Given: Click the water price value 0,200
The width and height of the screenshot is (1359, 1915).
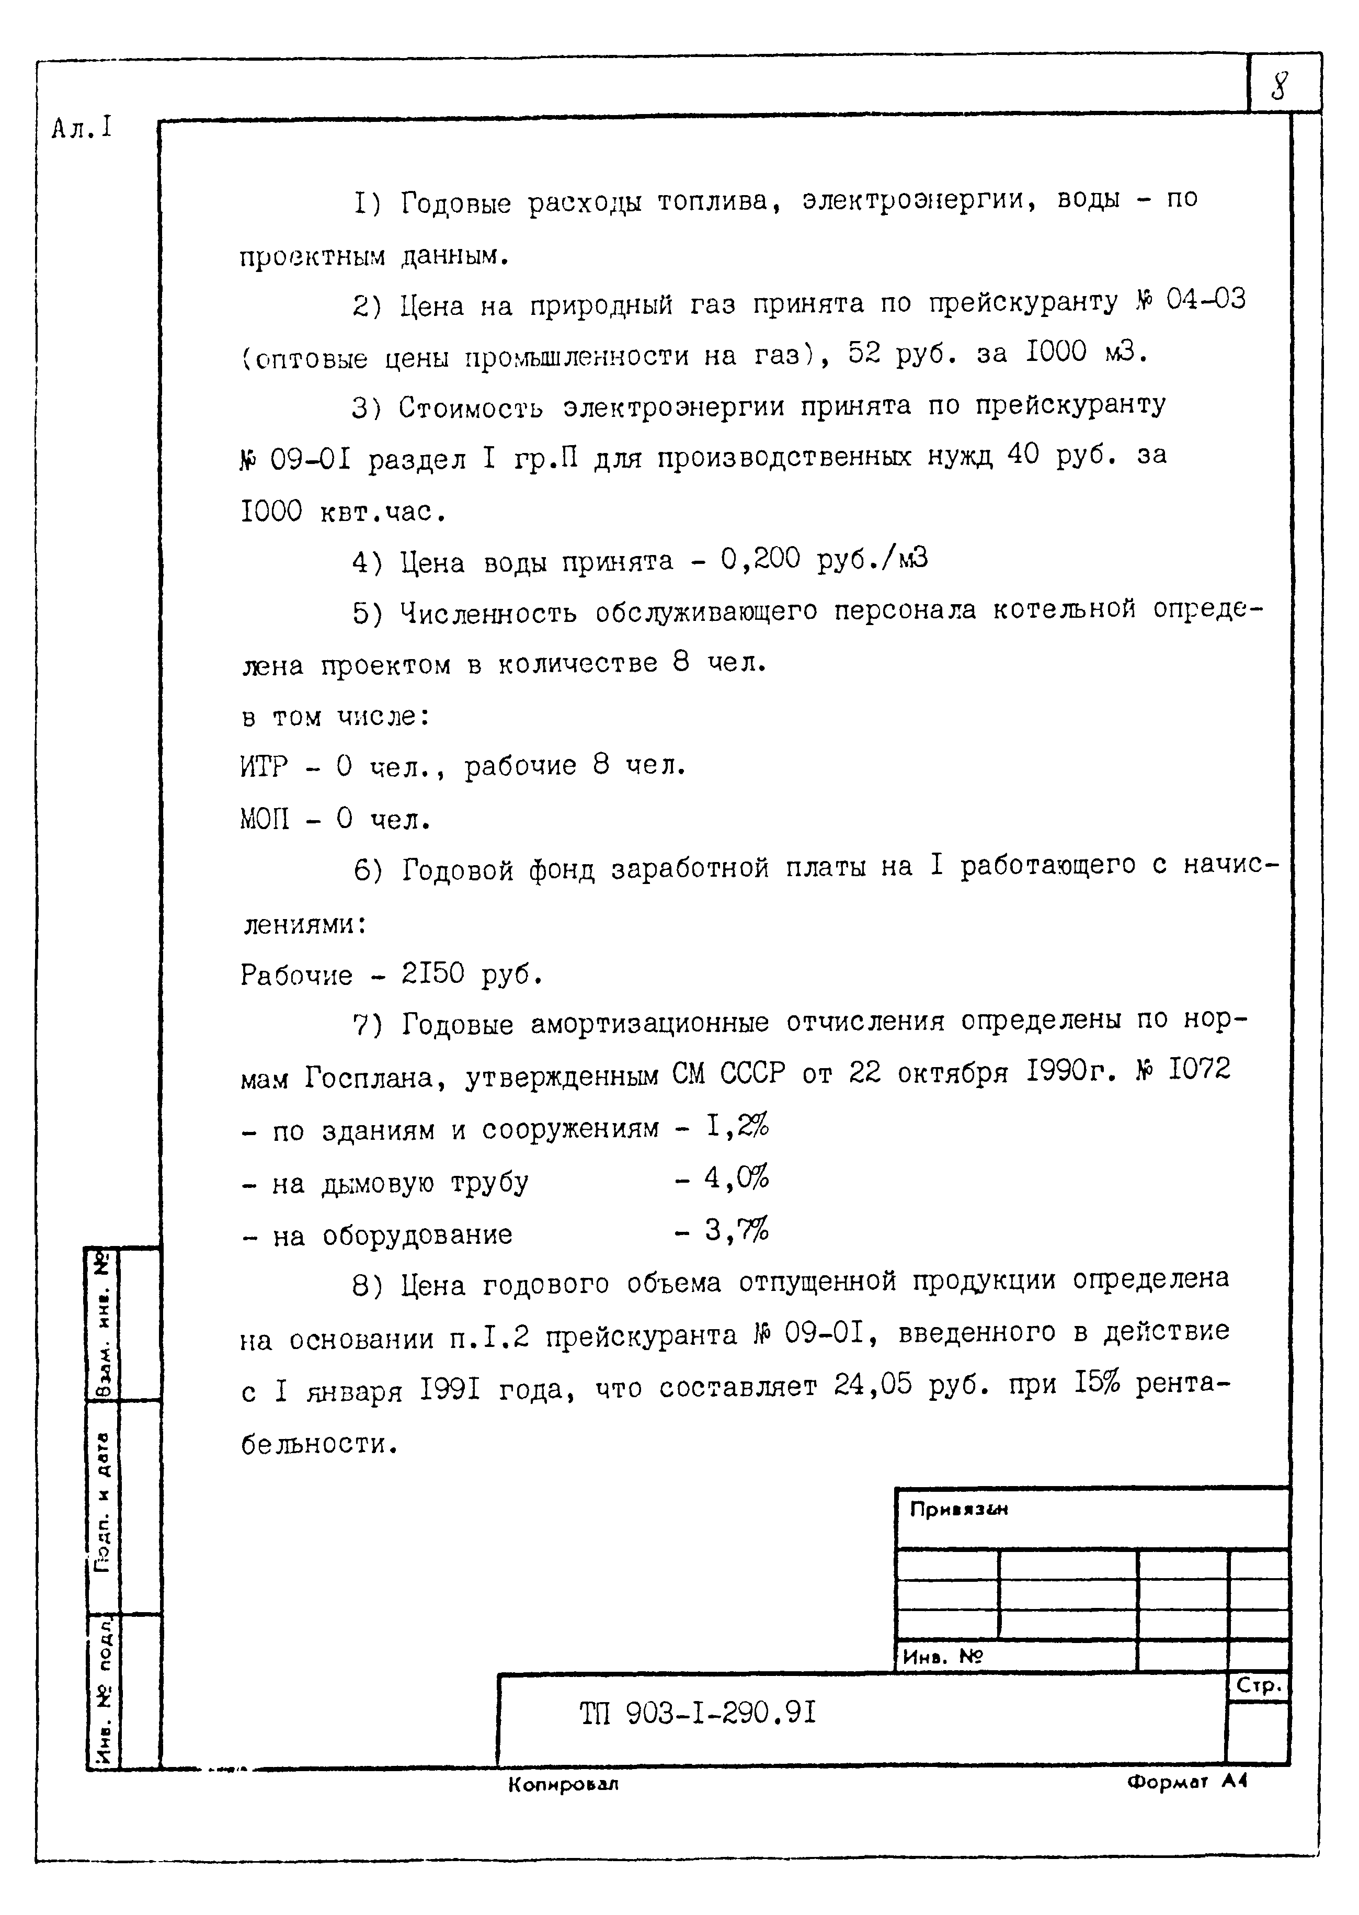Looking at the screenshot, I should click(760, 559).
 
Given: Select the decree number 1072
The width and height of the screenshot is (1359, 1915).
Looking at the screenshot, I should click(1198, 1070).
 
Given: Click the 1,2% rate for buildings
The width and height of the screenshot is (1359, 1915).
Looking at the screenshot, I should click(736, 1127).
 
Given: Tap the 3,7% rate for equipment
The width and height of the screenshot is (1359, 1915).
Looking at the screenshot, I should click(736, 1230).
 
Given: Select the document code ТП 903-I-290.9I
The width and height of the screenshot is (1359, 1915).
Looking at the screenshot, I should click(697, 1715).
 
